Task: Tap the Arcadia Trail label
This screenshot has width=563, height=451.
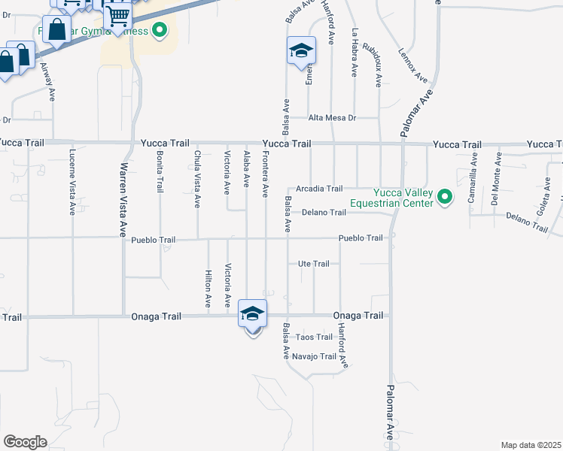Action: [x=319, y=189]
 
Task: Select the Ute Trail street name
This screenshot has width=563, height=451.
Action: [x=314, y=264]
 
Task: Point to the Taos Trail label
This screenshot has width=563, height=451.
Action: [x=314, y=337]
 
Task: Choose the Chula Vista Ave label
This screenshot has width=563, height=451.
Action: [x=197, y=179]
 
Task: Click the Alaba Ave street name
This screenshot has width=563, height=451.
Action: [x=246, y=169]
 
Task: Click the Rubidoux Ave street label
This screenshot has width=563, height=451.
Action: [x=373, y=63]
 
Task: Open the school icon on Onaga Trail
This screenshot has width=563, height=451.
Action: [x=252, y=313]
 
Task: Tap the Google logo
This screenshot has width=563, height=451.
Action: [x=25, y=441]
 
